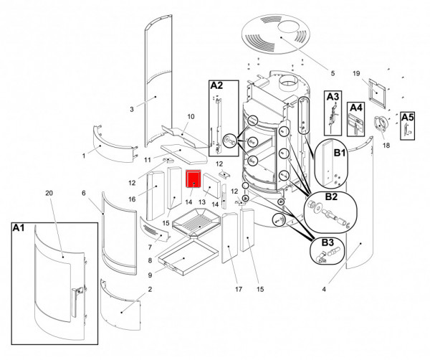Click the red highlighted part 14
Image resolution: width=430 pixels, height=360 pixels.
coord(193,179)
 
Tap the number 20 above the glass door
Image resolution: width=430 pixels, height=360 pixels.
coord(49,194)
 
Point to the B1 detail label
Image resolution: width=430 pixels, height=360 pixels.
coord(339,153)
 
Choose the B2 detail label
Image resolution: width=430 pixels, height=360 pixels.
coord(331,196)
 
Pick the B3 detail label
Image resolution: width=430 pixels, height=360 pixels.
coord(327,243)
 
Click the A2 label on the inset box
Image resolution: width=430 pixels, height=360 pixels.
coord(216,85)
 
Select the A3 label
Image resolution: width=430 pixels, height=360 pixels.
coord(333,96)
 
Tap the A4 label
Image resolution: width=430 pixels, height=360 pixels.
coord(356,108)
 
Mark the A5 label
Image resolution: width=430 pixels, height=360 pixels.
coord(407,116)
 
